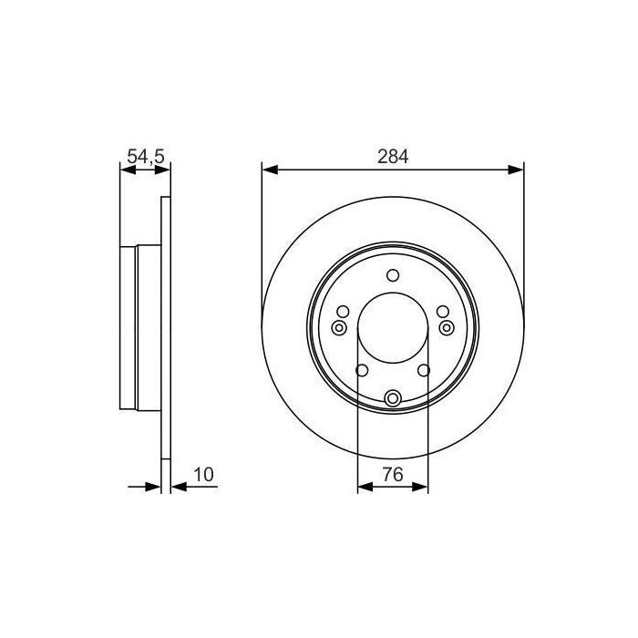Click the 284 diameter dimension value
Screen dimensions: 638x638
pos(393,156)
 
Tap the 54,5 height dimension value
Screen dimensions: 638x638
pos(145,157)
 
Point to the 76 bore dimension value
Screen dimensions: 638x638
pos(393,474)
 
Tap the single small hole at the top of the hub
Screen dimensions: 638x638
pos(393,275)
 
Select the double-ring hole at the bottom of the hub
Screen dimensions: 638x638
pos(393,397)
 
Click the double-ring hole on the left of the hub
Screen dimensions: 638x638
pos(339,327)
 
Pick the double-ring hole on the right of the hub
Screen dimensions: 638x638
pos(447,327)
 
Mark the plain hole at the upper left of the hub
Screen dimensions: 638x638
pos(343,312)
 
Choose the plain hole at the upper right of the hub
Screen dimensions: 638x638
pos(443,312)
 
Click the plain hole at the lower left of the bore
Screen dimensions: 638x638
pos(361,370)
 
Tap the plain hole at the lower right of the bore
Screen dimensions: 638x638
pos(425,370)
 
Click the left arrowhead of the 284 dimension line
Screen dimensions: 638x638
pos(269,169)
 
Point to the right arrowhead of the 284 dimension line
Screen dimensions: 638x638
pos(517,169)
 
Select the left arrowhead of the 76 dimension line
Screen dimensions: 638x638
pos(364,488)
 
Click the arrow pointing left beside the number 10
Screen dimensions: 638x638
pos(178,488)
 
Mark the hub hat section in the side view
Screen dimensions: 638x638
pos(140,328)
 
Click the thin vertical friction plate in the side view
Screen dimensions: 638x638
pos(165,328)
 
